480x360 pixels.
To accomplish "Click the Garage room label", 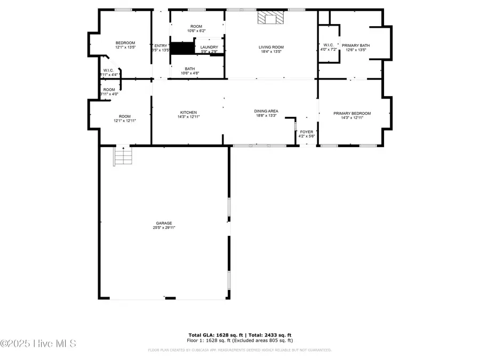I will (164, 225).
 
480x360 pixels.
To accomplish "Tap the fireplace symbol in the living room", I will (269, 19).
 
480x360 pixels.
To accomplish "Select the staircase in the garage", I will (123, 157).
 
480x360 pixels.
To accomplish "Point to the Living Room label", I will (270, 49).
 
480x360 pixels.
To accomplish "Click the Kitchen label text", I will (189, 114).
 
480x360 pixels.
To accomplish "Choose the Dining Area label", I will (266, 114).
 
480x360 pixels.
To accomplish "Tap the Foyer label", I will (307, 133).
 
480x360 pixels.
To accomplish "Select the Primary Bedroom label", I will (351, 115).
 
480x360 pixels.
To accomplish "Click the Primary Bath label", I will (355, 48).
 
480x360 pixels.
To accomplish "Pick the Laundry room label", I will (209, 49).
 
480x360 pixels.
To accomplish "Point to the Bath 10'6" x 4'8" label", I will (190, 70).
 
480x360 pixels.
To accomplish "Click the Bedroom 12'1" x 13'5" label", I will (125, 45).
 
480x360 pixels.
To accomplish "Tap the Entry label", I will (161, 48).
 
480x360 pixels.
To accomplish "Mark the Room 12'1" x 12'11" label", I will (125, 118).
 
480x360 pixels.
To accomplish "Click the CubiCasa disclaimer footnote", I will (239, 350).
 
